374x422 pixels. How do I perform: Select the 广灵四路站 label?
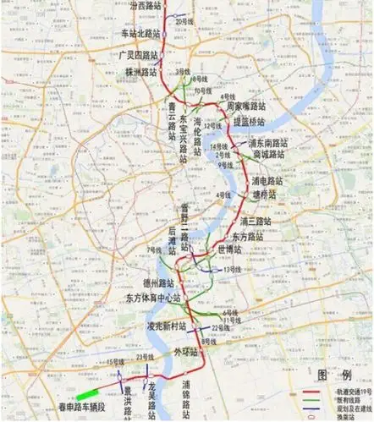(x=140, y=53)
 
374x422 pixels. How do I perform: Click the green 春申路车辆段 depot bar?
(x=87, y=393)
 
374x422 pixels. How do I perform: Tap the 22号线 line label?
(x=220, y=326)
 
